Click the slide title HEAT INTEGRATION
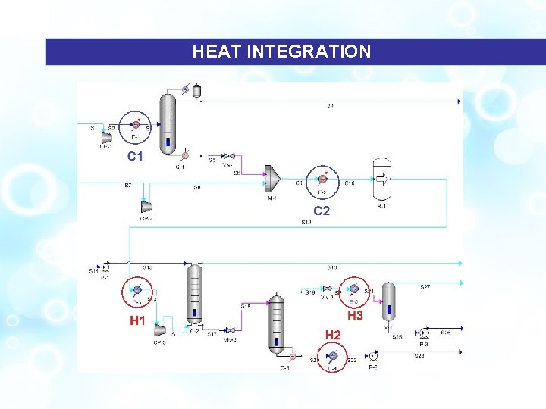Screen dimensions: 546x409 point(281,52)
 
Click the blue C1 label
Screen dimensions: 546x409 point(136,157)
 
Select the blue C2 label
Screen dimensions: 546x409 point(322,211)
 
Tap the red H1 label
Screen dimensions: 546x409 point(137,321)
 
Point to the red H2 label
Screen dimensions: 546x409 point(332,334)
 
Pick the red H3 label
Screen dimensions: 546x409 point(355,315)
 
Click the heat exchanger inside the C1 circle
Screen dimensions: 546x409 point(136,125)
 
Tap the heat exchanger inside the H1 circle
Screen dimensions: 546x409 point(137,289)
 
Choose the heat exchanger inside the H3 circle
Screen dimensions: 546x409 point(353,289)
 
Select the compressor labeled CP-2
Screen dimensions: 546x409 point(146,207)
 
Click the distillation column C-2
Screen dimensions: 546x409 point(194,294)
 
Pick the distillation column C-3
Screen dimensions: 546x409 point(277,323)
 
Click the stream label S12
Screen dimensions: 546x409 point(306,223)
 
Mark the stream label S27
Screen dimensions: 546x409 point(425,287)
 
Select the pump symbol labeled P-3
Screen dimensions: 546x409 point(424,333)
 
